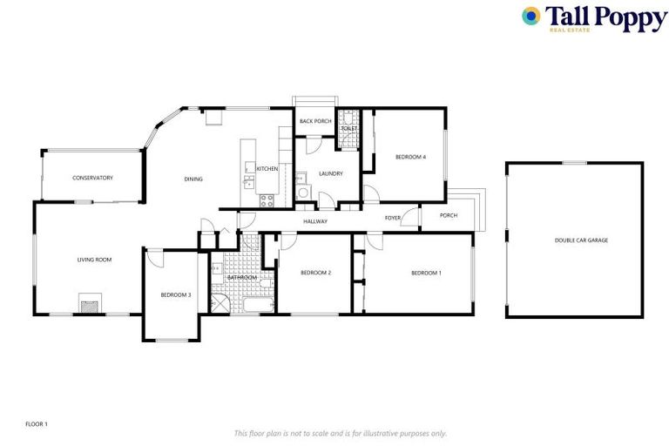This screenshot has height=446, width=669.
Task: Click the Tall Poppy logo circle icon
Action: click(x=530, y=16)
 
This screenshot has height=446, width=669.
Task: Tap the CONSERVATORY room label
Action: click(x=92, y=178)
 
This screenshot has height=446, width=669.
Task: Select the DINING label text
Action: click(x=193, y=179)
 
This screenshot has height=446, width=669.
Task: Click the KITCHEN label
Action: click(x=267, y=168)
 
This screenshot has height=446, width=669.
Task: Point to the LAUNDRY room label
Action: click(x=330, y=173)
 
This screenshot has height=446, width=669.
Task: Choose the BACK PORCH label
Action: click(x=315, y=121)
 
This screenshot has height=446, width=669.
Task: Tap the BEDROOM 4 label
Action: click(x=410, y=157)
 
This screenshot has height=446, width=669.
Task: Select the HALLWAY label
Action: click(x=315, y=221)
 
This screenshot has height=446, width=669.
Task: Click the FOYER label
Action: click(x=393, y=217)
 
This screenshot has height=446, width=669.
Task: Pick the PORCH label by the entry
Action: click(x=449, y=215)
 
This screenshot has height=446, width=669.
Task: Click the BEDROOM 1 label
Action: click(x=426, y=273)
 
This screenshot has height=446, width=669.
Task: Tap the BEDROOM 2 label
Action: click(x=315, y=273)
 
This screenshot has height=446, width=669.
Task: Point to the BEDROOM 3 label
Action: click(x=175, y=294)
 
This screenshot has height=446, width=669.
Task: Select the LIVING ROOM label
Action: click(x=94, y=259)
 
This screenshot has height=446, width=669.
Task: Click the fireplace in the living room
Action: click(x=89, y=304)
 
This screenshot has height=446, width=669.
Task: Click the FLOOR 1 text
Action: click(x=37, y=424)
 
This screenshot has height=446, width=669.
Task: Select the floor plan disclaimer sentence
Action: click(x=340, y=433)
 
